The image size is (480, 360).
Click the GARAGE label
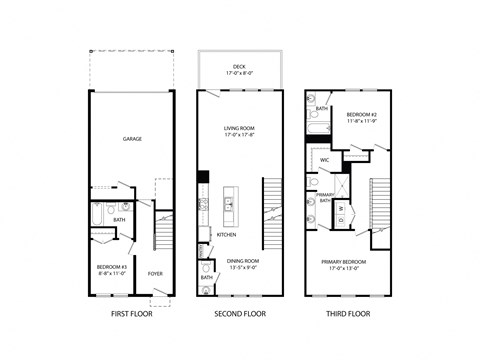130,139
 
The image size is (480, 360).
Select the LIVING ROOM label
240,128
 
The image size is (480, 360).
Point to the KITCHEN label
227,235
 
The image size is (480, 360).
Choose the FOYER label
156,273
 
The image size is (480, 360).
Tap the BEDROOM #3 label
111,267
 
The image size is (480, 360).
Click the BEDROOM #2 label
360,116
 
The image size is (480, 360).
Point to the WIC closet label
325,160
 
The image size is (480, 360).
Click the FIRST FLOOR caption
131,314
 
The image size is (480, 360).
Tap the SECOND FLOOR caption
240,314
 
